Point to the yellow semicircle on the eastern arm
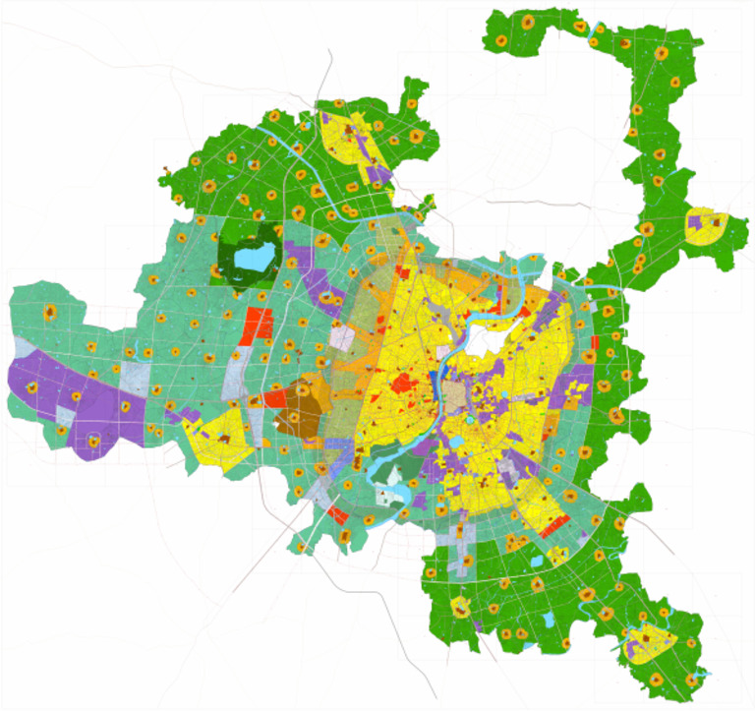pyautogui.click(x=707, y=227)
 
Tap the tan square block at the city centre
pyautogui.click(x=454, y=398)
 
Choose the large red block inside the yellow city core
pyautogui.click(x=403, y=382)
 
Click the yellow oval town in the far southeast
pyautogui.click(x=650, y=639)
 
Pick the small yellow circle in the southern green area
pyautogui.click(x=458, y=606)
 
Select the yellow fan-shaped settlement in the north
pyautogui.click(x=345, y=138)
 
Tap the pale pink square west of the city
pyautogui.click(x=343, y=338)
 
